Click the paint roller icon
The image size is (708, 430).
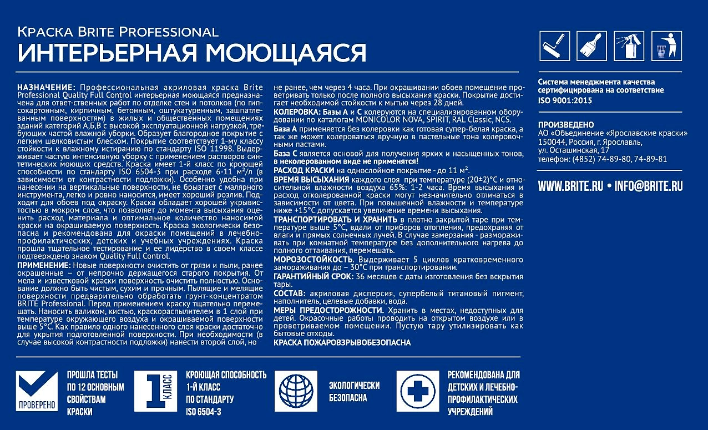coord(555,45)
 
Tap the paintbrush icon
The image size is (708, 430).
coord(592,45)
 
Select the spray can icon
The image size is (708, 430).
coord(629,45)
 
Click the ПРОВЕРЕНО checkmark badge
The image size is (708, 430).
coord(37,391)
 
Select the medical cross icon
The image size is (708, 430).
coord(417,391)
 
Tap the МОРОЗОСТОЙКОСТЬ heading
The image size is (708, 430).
coord(313,260)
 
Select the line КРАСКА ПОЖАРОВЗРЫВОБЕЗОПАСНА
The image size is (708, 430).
coord(342,343)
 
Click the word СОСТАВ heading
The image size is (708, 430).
coord(289,293)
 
